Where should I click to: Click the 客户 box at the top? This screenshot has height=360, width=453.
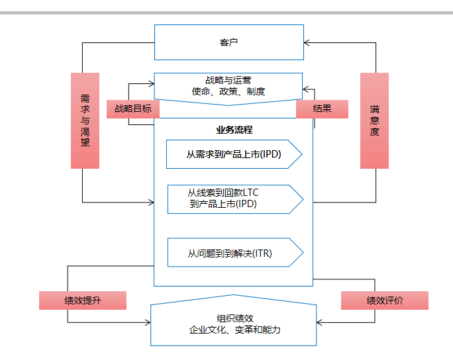coord(228,42)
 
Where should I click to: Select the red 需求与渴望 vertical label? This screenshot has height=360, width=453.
coord(85,120)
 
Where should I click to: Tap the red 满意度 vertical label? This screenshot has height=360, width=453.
coord(374,120)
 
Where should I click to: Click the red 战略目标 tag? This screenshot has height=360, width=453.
coord(133,109)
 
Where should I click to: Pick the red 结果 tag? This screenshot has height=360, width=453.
coord(322,109)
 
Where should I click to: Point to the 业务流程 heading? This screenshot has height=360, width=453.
coord(234,130)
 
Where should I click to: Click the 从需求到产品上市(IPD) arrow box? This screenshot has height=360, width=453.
coord(234,155)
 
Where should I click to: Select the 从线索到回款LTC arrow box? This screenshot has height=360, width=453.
coord(234,199)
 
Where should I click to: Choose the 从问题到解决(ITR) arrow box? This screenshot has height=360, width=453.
coord(234,253)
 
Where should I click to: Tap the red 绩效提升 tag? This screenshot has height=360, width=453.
coord(83,300)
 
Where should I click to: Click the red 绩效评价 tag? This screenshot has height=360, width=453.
coord(385,300)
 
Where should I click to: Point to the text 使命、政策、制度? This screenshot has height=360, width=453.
coord(228,91)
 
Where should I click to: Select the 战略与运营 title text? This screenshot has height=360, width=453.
coord(228,79)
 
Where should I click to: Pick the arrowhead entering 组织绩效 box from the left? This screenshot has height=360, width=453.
coord(148,323)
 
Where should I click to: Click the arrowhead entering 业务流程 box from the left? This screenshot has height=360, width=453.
coord(151,202)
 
